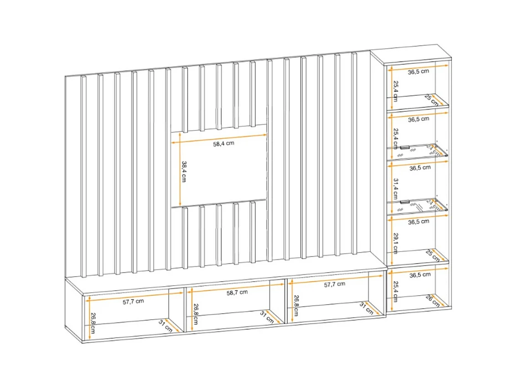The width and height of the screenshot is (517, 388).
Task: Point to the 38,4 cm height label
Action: click(x=184, y=172)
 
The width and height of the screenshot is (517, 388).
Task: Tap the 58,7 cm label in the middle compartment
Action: click(x=237, y=292)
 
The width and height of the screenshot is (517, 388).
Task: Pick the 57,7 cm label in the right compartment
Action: click(x=334, y=284)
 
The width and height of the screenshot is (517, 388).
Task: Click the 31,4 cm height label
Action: click(x=395, y=187)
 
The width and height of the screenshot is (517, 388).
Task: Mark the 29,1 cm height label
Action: click(x=395, y=241)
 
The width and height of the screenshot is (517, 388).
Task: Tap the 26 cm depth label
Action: click(x=432, y=300)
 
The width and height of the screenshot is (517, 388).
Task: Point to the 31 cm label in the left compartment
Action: click(x=165, y=325)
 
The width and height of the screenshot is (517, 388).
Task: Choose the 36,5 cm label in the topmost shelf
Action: click(x=418, y=72)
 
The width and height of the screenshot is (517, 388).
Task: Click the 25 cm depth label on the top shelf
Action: click(x=431, y=99)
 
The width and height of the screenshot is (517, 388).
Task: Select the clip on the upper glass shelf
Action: click(x=405, y=147)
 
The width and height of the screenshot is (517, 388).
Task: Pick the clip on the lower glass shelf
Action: click(x=405, y=202)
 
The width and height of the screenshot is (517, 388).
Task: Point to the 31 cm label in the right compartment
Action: click(x=367, y=308)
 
